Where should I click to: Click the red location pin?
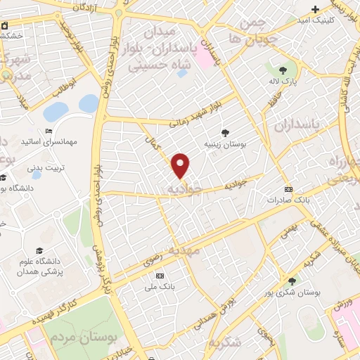tap(181, 165)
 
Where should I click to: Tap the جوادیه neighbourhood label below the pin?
tap(186, 189)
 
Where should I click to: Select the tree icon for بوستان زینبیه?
tap(225, 132)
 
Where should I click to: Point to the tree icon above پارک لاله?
tap(282, 70)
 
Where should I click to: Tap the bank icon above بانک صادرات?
tap(288, 189)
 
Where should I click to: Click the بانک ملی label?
tap(160, 287)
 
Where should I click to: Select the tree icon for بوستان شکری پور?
tap(292, 281)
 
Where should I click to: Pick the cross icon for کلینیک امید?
tap(316, 9)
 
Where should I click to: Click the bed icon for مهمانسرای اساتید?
tap(49, 131)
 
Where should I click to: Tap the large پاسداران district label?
tap(296, 125)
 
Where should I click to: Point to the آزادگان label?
tap(79, 7)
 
